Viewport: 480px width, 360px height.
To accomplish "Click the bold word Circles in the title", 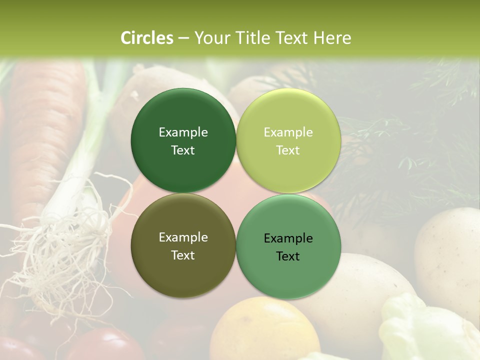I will [146, 38].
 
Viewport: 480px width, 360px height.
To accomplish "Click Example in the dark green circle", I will [183, 132].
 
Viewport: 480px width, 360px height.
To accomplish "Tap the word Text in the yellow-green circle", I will [288, 150].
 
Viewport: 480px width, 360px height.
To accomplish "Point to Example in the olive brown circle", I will [183, 237].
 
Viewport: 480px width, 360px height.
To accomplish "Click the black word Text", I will [288, 256].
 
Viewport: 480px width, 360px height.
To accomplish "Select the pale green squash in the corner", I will [425, 330].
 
